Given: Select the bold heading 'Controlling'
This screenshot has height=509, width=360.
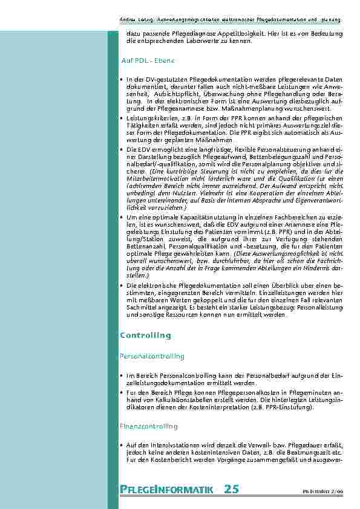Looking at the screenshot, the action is pos(145,335).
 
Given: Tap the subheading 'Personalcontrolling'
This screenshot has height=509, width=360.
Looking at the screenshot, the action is pos(151,356).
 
